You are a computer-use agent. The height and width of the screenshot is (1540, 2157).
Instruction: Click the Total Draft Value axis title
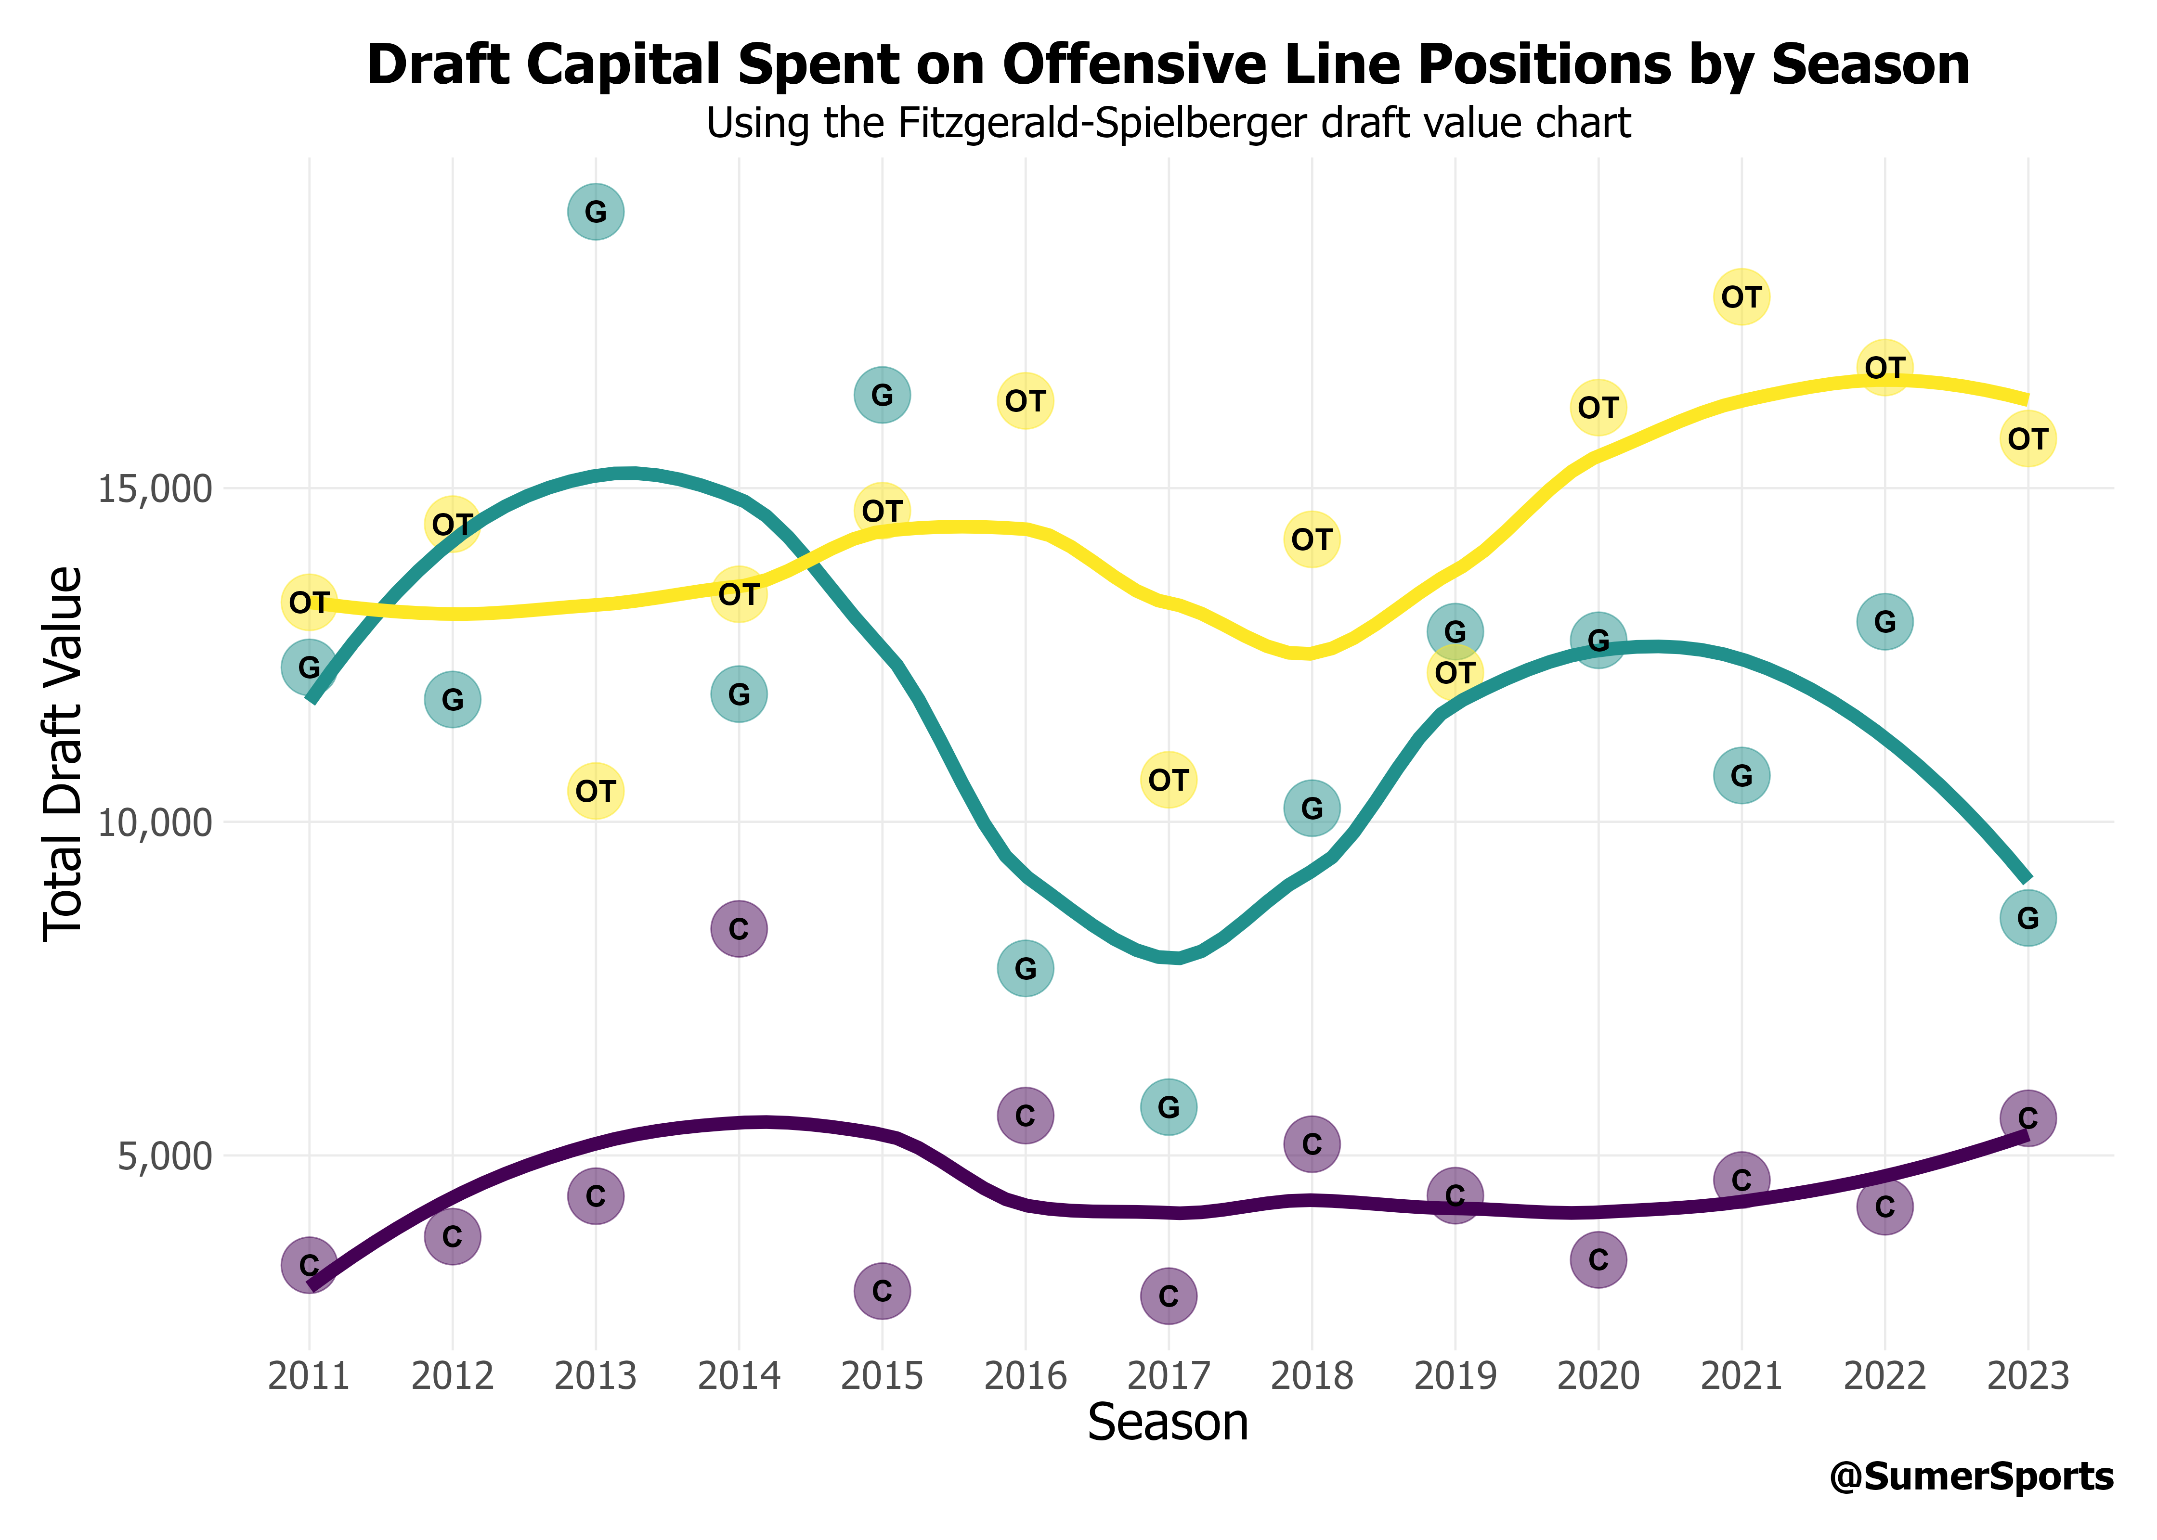tap(65, 754)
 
